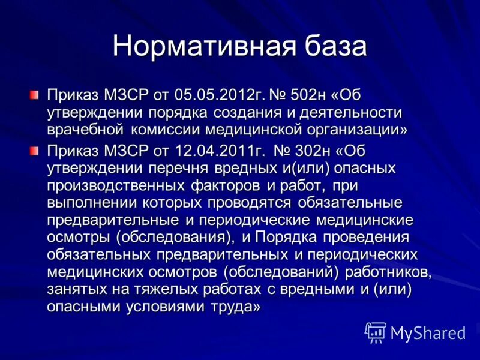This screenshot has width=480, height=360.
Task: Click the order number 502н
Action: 308,96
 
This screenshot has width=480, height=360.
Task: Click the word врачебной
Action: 86,129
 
